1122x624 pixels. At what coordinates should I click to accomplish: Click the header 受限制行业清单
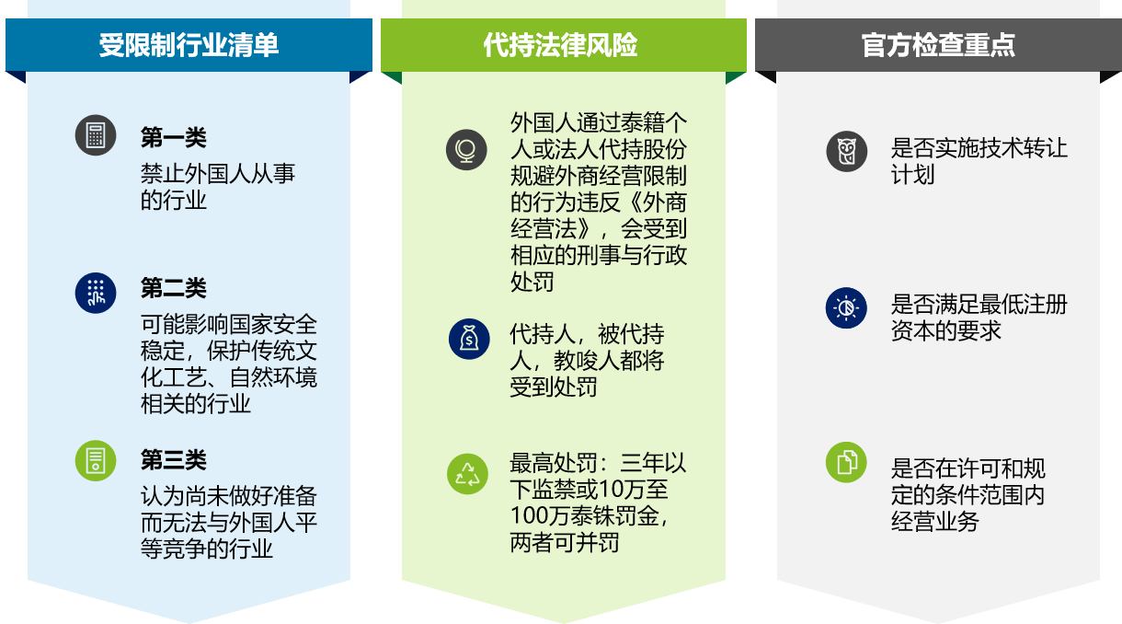click(189, 45)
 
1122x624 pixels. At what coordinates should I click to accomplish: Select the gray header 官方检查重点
click(938, 45)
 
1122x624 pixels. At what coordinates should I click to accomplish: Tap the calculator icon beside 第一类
click(96, 135)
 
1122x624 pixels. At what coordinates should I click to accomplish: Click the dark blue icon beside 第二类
click(96, 292)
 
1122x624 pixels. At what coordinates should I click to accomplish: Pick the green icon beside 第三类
click(96, 460)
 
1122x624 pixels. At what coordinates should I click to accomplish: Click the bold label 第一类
click(173, 138)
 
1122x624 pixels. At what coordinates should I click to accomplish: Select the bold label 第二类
click(173, 288)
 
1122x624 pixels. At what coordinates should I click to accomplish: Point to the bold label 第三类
click(173, 460)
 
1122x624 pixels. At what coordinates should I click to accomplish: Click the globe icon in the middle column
click(466, 149)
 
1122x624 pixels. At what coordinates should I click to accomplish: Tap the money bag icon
click(469, 339)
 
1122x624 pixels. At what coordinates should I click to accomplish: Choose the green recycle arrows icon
click(468, 474)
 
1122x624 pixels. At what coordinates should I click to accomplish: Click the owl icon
click(846, 151)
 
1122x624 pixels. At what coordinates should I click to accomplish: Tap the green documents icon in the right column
click(846, 461)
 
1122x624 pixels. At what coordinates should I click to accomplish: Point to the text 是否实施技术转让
click(979, 148)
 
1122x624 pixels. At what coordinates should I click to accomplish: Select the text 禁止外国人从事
click(218, 173)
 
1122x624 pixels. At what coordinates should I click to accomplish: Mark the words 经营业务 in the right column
click(935, 521)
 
